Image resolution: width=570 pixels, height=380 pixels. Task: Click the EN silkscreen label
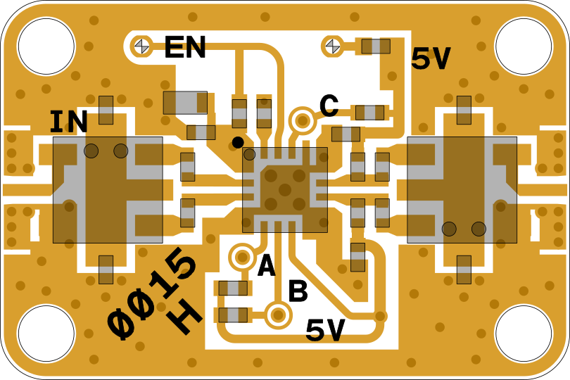coord(185,48)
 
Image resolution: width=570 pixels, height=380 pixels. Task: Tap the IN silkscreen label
coord(68,122)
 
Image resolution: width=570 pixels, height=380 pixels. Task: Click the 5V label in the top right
coord(431,60)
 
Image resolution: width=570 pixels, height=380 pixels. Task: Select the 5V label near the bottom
coord(325,331)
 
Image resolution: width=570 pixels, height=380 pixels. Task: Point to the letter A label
coord(267,267)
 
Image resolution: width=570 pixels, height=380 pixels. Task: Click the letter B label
coord(298,292)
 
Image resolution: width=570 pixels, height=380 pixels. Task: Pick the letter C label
coord(329,106)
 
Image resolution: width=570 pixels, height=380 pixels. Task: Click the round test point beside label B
coord(278,315)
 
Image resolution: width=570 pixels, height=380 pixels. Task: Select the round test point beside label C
coord(303,121)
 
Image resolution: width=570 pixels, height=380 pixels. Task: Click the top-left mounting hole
coord(46,46)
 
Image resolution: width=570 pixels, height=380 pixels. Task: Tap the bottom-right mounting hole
coord(524,334)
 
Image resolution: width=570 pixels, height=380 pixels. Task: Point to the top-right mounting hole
coord(524,46)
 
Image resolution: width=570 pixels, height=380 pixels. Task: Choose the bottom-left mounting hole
coord(46,334)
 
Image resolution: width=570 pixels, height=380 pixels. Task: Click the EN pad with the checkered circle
coord(142,46)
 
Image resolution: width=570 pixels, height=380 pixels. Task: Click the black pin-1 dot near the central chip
coord(238,142)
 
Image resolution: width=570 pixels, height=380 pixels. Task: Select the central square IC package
coord(285,190)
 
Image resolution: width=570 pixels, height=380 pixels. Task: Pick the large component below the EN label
coord(185,103)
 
